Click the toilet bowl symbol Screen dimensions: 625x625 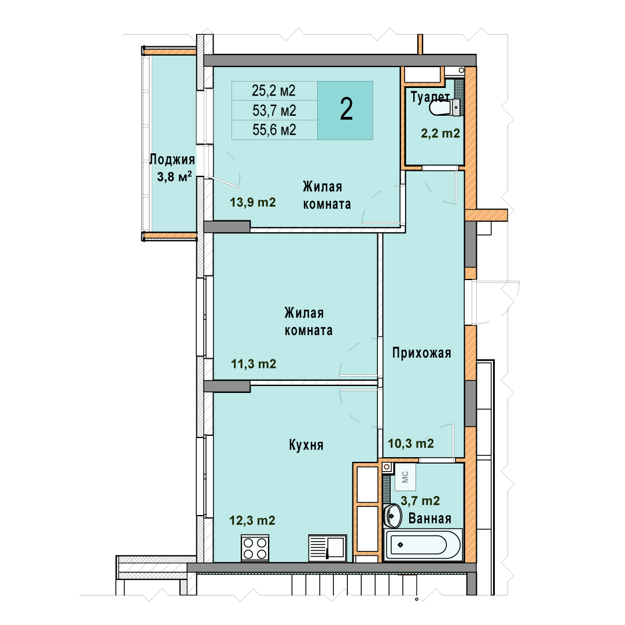[444, 107]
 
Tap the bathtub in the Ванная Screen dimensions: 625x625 [423, 545]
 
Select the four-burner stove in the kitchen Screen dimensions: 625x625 [255, 548]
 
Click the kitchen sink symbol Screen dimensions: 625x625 [328, 548]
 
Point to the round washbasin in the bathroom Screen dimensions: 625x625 [392, 516]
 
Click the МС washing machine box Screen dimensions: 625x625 [405, 477]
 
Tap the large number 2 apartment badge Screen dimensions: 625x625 [345, 110]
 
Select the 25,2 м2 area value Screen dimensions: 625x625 [273, 91]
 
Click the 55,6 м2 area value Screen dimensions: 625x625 [274, 130]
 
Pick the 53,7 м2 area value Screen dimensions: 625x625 [274, 111]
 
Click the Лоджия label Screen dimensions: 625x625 [172, 160]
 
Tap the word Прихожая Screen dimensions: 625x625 [422, 353]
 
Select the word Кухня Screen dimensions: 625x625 [306, 445]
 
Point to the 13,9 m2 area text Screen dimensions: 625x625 [253, 202]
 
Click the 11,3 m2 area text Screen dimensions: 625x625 [253, 363]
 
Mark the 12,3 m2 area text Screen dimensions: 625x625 [252, 520]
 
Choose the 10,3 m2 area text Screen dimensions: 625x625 [411, 443]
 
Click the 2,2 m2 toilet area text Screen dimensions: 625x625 [440, 133]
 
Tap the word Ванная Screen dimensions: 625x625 [429, 518]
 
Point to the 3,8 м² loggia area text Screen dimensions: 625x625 [174, 176]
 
